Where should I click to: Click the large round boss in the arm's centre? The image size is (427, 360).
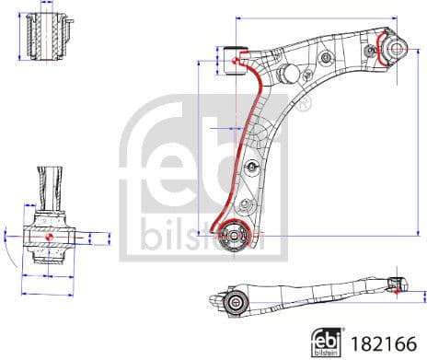287,75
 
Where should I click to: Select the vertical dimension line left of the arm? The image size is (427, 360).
200,147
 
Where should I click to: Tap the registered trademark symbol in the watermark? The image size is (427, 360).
305,102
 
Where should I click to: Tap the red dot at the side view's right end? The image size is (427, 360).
397,285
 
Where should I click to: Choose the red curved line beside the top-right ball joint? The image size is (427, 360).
379,52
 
